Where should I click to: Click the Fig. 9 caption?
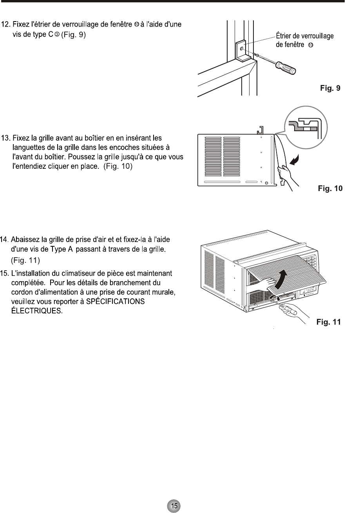click(x=330, y=89)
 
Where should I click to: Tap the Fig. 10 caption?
click(x=330, y=189)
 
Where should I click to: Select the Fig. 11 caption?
click(x=328, y=323)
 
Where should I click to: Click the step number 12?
click(x=6, y=24)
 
